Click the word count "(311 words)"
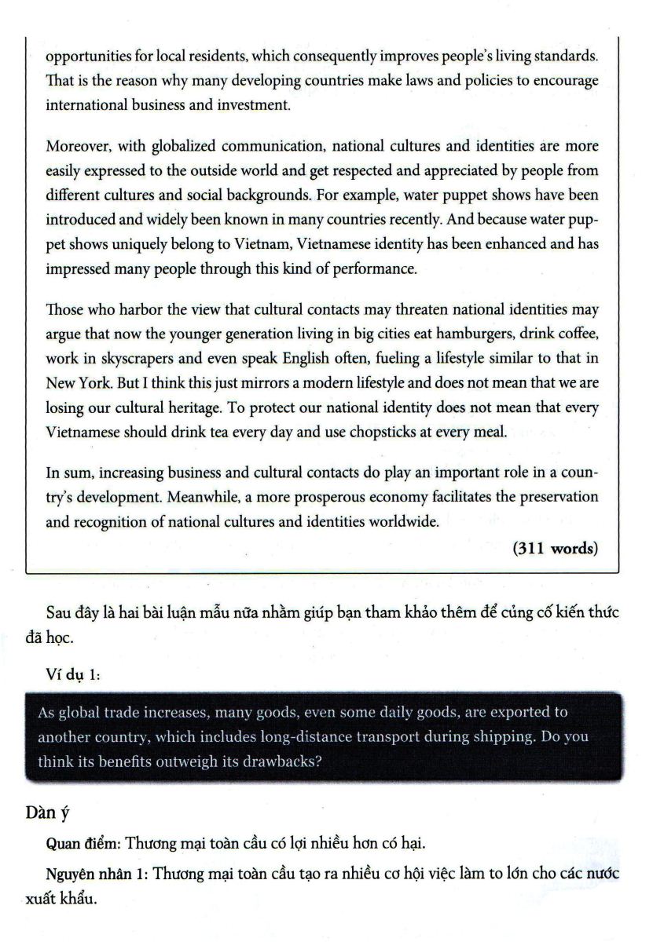point(555,549)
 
